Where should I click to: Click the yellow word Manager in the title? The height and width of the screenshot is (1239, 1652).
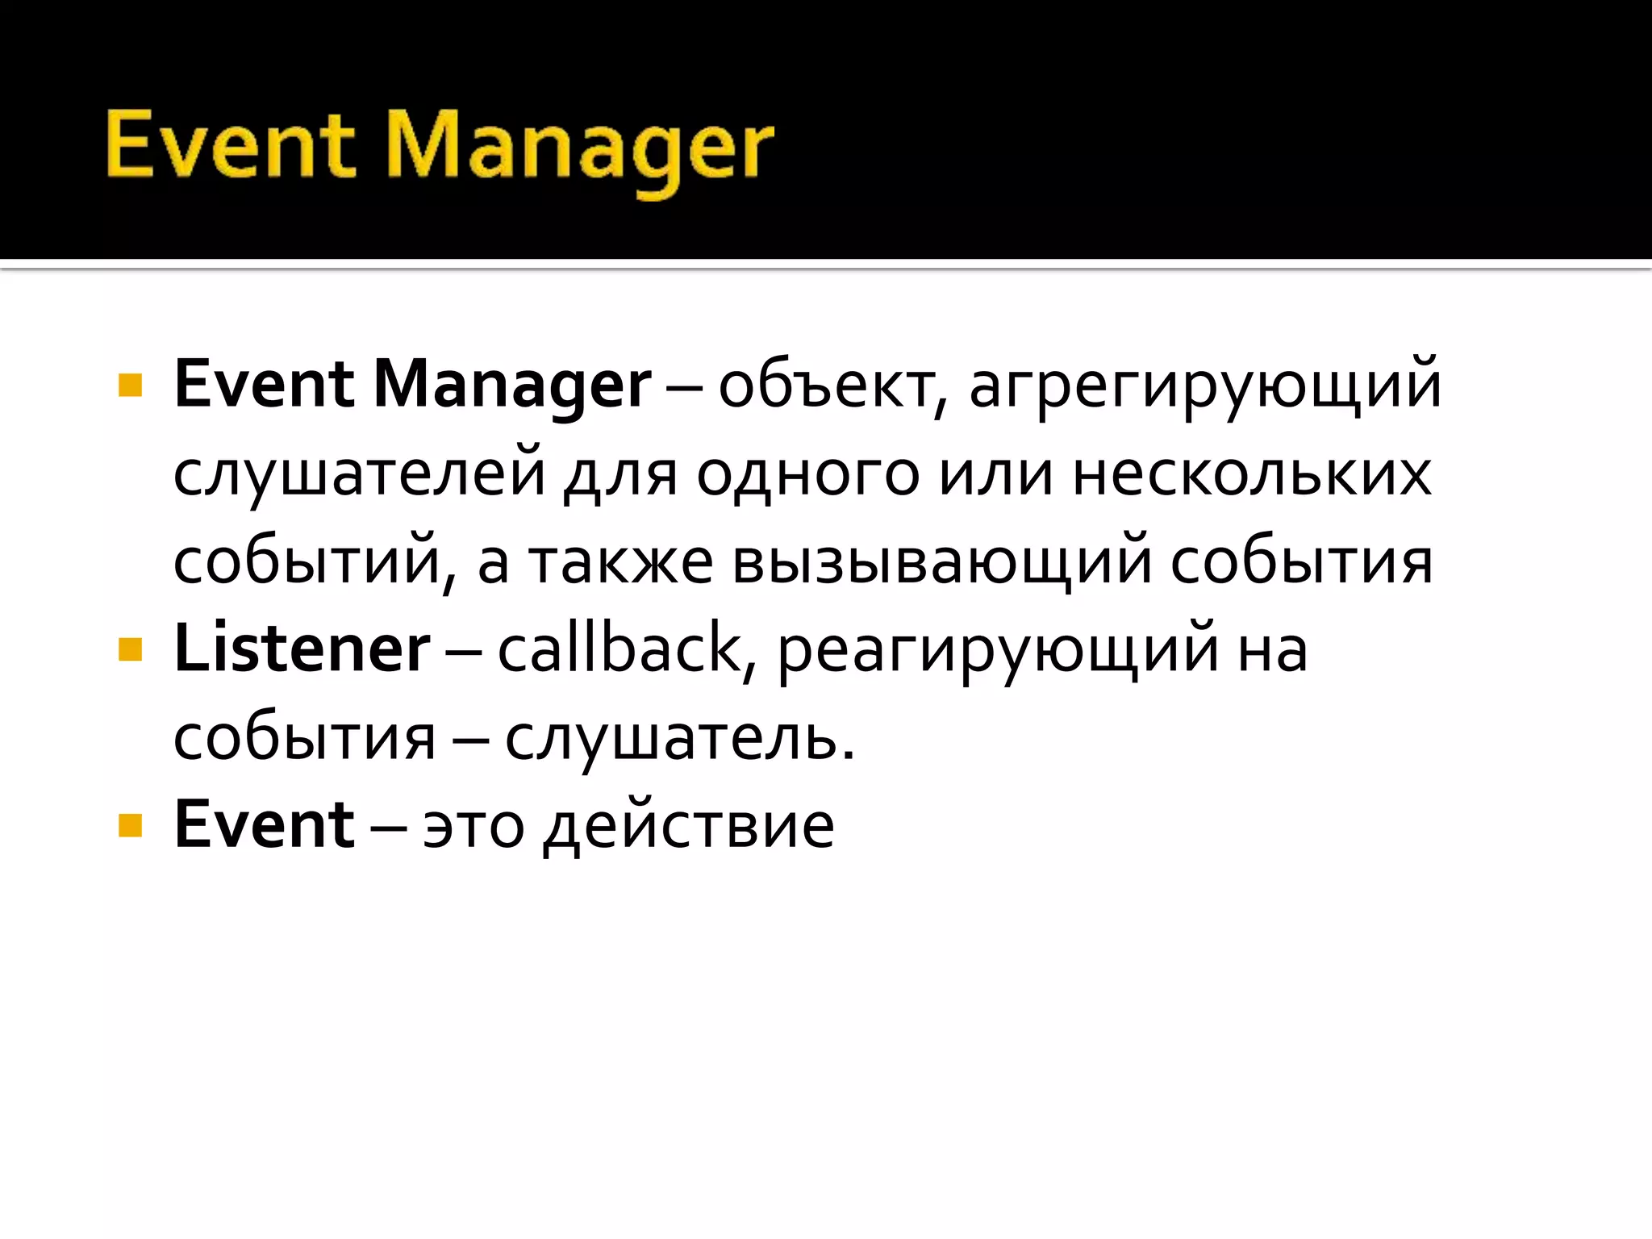[580, 148]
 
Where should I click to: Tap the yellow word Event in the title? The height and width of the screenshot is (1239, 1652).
[230, 145]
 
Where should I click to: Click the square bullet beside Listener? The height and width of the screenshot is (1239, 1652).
[130, 649]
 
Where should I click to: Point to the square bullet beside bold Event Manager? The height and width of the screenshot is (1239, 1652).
[130, 386]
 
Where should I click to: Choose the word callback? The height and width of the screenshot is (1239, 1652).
[619, 649]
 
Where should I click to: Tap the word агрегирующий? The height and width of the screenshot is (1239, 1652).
[1204, 386]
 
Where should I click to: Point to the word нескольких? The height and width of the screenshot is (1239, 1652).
[1252, 474]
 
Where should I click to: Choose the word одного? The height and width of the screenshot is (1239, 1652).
[807, 474]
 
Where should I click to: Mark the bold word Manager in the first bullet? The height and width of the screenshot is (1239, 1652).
[512, 386]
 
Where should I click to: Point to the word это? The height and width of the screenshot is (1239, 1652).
[473, 826]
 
